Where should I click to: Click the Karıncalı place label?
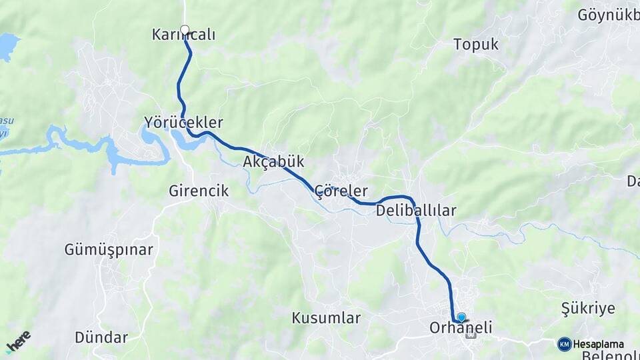[183, 35]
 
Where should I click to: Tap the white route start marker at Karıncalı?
[185, 29]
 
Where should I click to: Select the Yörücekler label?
[183, 123]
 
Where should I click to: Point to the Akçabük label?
[273, 161]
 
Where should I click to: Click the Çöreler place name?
[341, 191]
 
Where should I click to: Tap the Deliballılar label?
[416, 211]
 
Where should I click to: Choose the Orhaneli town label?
[461, 327]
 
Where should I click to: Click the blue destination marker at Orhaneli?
[461, 317]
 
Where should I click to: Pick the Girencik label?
[199, 191]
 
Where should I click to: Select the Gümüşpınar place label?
[109, 250]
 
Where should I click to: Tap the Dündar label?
[101, 337]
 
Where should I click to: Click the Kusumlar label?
[326, 318]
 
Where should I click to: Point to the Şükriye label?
[588, 308]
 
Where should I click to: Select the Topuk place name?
[476, 45]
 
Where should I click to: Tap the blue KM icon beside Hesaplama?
[564, 344]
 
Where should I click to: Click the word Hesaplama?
[598, 344]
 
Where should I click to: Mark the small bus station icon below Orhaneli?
[471, 335]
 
